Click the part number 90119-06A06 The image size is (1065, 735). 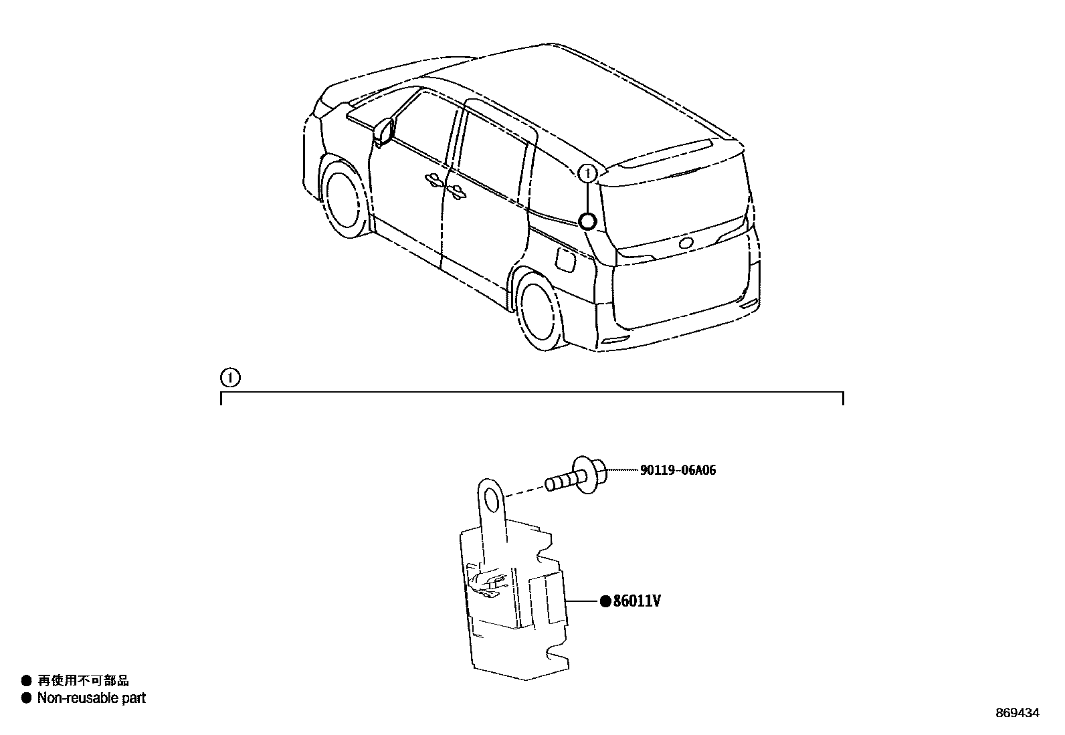678,470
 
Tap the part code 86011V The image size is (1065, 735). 638,601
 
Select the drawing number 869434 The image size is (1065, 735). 1016,713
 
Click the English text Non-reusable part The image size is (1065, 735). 91,698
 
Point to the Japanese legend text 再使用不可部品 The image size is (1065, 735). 83,681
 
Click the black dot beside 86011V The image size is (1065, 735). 605,601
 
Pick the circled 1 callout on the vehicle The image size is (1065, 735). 587,173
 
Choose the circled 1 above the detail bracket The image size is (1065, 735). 229,379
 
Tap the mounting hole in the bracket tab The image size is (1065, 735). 493,498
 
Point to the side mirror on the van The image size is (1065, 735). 384,131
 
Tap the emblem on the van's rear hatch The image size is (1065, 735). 686,243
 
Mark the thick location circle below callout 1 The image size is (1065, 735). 587,221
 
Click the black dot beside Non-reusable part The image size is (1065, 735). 26,698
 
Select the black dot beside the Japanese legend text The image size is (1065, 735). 26,681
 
